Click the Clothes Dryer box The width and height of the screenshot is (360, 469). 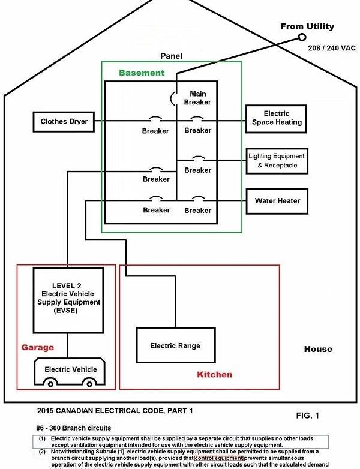[x=64, y=122]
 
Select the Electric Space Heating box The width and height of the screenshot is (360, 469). [x=276, y=118]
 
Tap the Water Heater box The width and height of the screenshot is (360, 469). [x=277, y=200]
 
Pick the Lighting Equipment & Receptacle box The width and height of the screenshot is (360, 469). [x=277, y=161]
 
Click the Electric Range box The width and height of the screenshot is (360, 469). [x=175, y=346]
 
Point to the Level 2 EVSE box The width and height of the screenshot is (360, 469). [x=67, y=300]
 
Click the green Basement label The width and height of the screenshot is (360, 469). [x=141, y=73]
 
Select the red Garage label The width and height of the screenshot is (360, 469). [x=38, y=347]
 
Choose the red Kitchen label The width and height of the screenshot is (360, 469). [x=214, y=375]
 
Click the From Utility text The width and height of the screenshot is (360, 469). [x=307, y=26]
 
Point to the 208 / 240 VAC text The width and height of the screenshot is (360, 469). [x=331, y=47]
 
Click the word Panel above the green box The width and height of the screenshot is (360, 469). [x=171, y=56]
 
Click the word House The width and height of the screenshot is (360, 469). [x=317, y=350]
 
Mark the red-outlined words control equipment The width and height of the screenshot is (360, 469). [x=218, y=458]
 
